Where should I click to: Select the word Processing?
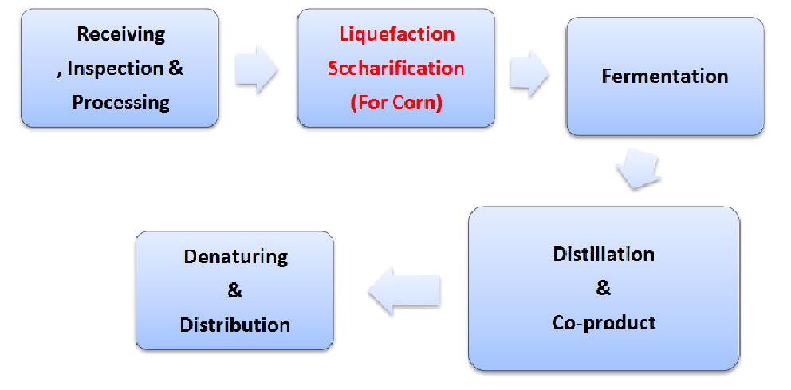(120, 103)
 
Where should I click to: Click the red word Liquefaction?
(396, 34)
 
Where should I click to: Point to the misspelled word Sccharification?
(396, 68)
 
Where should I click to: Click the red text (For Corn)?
(396, 103)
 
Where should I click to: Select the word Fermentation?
(664, 77)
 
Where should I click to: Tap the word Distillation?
(604, 254)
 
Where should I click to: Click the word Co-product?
(604, 322)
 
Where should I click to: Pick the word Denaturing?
(234, 257)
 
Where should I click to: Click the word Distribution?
(234, 325)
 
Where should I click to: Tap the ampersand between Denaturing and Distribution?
(234, 291)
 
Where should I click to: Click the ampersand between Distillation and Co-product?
(604, 289)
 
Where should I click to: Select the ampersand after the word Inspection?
(175, 69)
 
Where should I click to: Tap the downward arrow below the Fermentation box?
(640, 168)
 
